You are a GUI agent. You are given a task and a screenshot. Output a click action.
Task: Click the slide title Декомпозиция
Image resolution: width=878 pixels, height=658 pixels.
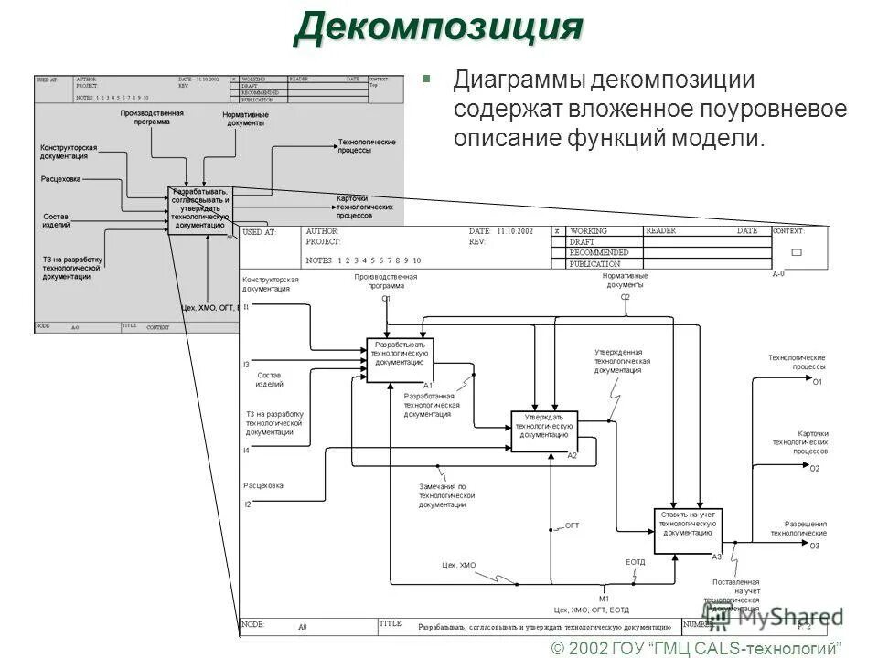point(438,27)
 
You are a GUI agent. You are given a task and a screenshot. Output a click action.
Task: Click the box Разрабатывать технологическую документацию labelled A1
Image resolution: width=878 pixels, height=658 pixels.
point(401,359)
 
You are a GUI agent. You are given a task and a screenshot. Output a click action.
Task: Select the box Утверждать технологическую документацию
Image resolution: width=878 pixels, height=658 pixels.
point(544,430)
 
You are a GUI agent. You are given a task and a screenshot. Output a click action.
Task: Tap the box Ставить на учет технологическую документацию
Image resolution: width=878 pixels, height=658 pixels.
point(688,530)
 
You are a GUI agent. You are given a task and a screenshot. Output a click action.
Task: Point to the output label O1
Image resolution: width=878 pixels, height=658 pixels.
point(818,381)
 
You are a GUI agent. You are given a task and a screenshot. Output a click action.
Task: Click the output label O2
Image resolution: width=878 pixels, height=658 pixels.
point(814,468)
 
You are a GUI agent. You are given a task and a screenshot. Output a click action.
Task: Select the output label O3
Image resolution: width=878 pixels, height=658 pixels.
point(814,546)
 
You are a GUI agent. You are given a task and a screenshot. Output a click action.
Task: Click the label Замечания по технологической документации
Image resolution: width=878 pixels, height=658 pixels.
point(447,494)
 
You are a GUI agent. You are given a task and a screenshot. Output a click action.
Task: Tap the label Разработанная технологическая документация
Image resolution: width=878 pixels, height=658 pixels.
point(432,405)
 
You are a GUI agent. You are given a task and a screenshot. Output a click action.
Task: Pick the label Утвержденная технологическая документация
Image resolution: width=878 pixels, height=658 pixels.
point(622,361)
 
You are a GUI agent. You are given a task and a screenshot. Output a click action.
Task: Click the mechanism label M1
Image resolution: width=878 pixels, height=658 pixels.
point(604,598)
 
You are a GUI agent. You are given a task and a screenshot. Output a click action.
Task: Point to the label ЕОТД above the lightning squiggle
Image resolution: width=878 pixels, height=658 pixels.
point(636,562)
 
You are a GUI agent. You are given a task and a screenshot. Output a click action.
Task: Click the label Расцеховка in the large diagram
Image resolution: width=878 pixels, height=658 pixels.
point(263,485)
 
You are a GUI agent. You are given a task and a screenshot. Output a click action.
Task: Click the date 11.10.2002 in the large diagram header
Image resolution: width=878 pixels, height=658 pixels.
point(514,232)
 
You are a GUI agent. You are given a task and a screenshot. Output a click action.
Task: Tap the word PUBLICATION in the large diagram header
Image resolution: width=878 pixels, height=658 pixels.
point(595,263)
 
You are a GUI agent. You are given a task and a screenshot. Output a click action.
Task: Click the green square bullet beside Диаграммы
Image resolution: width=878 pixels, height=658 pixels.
point(425,78)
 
